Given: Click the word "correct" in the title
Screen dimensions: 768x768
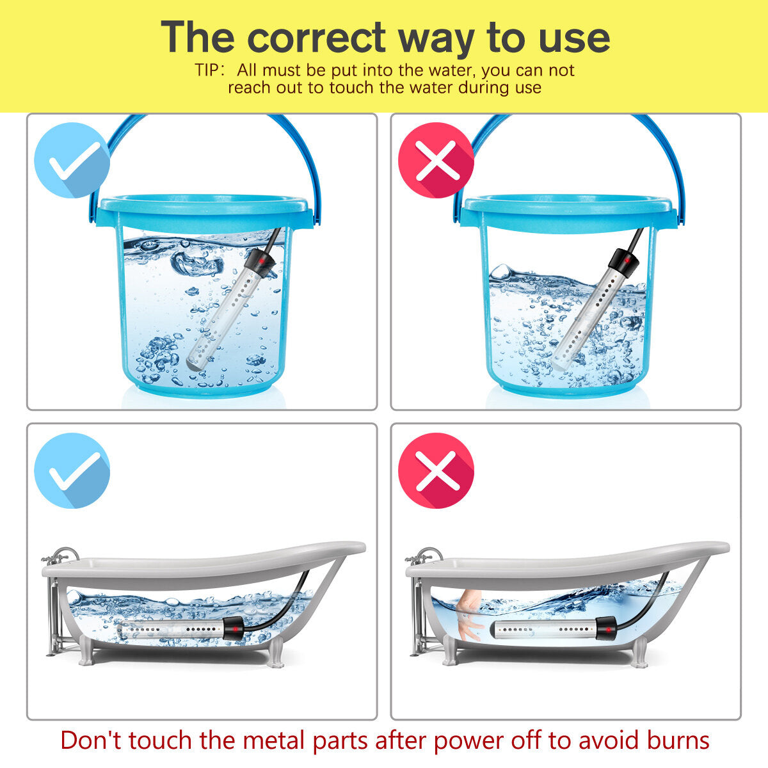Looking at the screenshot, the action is [316, 38].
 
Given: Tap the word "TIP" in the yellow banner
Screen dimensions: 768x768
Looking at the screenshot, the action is [207, 70].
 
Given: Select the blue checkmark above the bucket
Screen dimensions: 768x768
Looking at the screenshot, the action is [72, 160].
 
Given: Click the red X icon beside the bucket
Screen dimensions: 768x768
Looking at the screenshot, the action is [436, 160].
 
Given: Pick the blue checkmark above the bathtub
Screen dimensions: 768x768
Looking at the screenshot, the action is [72, 470].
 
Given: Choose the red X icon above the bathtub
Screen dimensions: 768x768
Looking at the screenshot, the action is [436, 470].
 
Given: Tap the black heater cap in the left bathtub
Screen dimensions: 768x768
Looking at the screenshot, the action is [234, 628].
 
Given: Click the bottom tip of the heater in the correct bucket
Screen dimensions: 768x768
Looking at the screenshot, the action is [193, 364].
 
